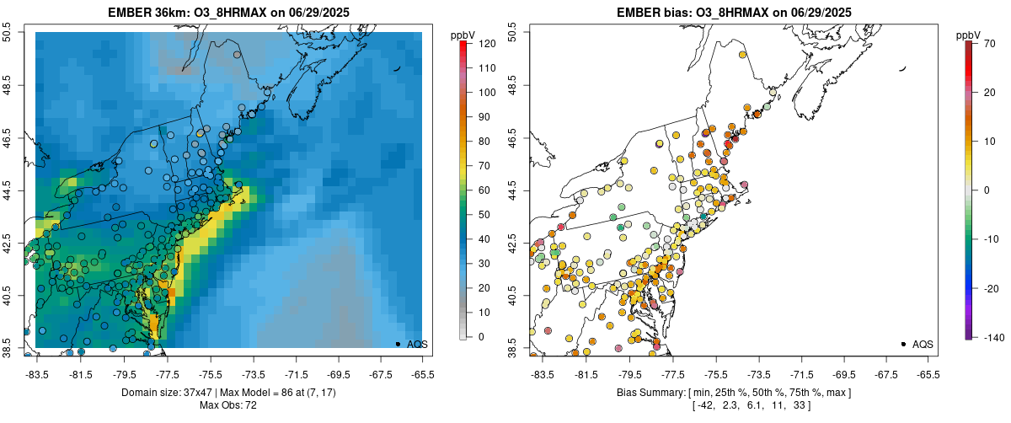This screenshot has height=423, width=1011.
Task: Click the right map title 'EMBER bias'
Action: click(x=650, y=13)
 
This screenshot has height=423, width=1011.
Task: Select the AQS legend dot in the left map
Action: click(x=398, y=344)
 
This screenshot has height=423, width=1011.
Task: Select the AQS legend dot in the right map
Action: click(x=903, y=344)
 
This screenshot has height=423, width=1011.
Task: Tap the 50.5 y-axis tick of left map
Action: click(x=8, y=32)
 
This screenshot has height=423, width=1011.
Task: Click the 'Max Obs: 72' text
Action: click(x=228, y=406)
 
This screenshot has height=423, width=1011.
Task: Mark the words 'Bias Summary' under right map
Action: click(x=648, y=393)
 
